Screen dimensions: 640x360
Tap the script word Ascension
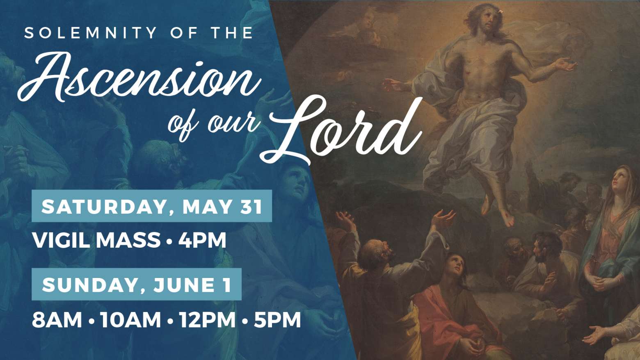tap(139, 77)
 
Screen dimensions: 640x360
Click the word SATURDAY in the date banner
tap(104, 206)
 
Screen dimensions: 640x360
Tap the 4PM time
tap(202, 240)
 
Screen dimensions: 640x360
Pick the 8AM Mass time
tap(57, 320)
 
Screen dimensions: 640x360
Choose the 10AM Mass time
tap(130, 320)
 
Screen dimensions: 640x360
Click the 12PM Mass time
tap(208, 320)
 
